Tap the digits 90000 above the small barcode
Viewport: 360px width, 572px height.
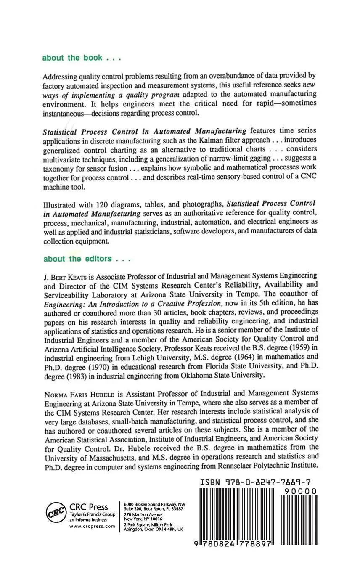(300, 491)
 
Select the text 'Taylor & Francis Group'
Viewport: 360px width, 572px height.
(92, 514)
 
